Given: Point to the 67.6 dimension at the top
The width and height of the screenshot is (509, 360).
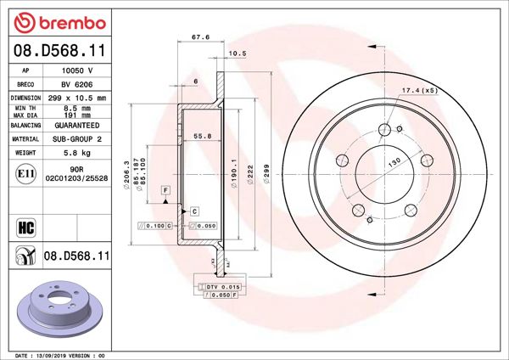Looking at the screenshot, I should point(200,37).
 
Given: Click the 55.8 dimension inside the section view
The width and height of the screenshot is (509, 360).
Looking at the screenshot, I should point(203,136).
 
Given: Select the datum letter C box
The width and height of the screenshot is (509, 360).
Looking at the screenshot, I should point(194,210).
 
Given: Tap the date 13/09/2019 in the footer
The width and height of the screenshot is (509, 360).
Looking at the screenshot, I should point(50,353).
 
